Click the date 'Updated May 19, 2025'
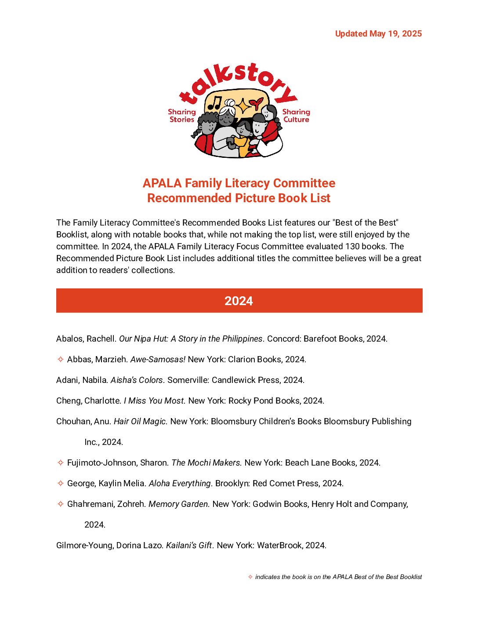pos(378,34)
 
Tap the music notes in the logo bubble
pos(215,102)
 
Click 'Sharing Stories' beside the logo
pos(182,116)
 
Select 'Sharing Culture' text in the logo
pos(296,116)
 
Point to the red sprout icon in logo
pos(256,104)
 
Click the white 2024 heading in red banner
pos(239,301)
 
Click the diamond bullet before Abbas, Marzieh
pos(61,359)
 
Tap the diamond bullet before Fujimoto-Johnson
pos(61,462)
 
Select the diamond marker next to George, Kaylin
pos(61,483)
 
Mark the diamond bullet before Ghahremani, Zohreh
pos(61,504)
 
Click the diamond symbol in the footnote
pos(250,577)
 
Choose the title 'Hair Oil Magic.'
pos(141,421)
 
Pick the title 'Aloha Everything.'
pos(181,483)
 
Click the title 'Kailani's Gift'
pos(189,545)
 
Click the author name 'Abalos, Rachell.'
pos(86,339)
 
